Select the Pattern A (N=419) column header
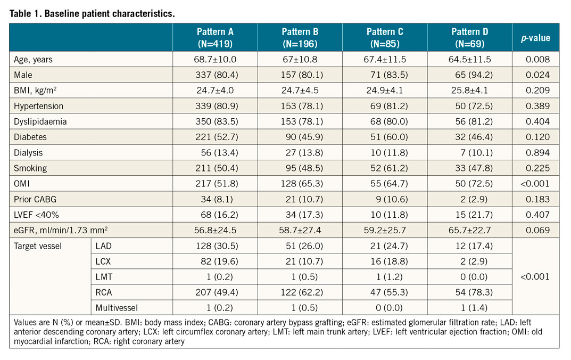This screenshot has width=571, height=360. (x=214, y=37)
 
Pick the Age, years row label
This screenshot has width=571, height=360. (x=33, y=60)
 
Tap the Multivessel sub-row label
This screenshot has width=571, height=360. (x=114, y=307)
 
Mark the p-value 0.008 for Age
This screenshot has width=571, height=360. (x=535, y=60)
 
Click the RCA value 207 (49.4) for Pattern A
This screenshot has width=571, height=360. (x=214, y=292)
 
